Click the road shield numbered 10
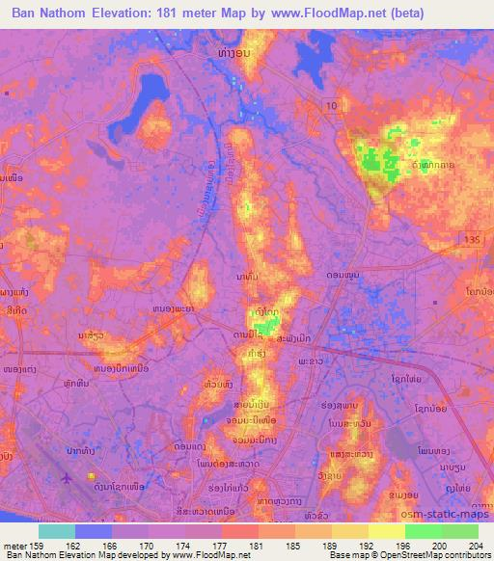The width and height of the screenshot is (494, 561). pyautogui.click(x=331, y=103)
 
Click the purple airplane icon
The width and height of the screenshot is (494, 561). pyautogui.click(x=67, y=477)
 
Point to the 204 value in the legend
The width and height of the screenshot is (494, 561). pyautogui.click(x=478, y=546)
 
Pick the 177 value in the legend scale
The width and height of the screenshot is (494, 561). pyautogui.click(x=222, y=546)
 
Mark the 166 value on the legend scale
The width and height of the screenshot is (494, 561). pyautogui.click(x=112, y=546)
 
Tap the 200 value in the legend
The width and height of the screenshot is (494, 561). pyautogui.click(x=441, y=546)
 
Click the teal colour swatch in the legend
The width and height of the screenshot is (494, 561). pyautogui.click(x=57, y=531)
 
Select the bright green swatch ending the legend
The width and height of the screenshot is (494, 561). pyautogui.click(x=459, y=531)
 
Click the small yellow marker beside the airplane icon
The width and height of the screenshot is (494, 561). pyautogui.click(x=92, y=476)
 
